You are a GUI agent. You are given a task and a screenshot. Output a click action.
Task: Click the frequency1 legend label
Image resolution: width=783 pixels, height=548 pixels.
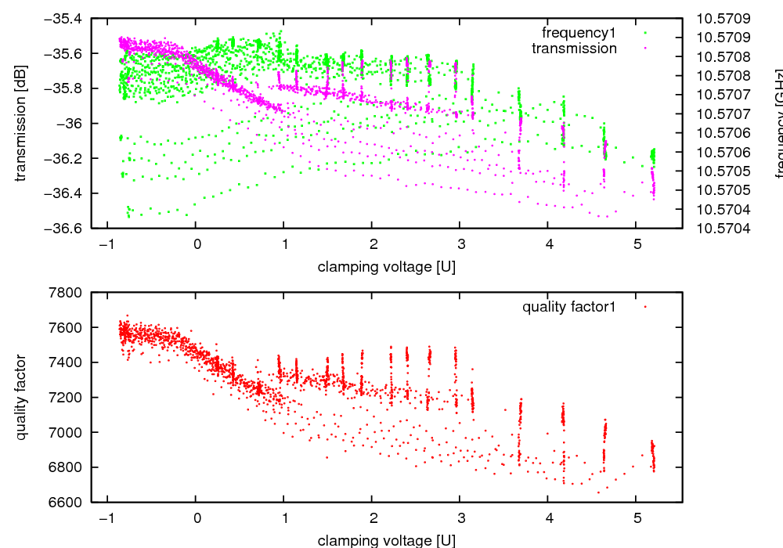[579, 33]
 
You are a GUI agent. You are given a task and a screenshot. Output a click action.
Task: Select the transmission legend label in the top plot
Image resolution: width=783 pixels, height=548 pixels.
[574, 49]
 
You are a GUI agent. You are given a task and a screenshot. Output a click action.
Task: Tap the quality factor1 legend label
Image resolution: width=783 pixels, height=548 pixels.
[569, 307]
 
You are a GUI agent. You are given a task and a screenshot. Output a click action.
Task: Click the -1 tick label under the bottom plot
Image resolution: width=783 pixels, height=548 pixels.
[106, 517]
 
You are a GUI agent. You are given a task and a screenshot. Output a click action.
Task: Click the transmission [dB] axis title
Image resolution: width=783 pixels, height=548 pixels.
[21, 124]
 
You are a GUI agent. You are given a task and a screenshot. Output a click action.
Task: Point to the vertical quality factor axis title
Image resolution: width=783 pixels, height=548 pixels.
[21, 397]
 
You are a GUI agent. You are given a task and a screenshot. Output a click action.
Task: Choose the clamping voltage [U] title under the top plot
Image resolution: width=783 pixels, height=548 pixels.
[386, 267]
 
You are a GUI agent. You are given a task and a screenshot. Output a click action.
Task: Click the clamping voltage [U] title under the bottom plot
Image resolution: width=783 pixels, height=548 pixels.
[386, 540]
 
